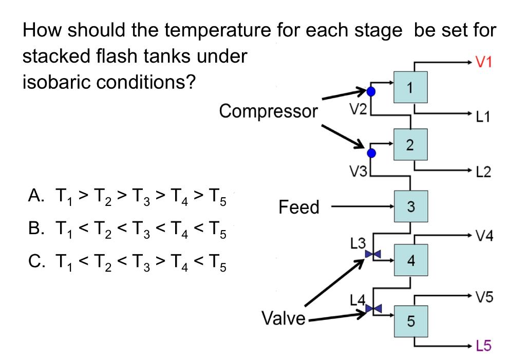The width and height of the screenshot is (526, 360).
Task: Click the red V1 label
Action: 484,63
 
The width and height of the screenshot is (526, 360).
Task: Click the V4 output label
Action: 484,236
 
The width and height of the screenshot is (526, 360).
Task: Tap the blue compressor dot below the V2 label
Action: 372,153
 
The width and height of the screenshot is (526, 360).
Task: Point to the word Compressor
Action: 268,110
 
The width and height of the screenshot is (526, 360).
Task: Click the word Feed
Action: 299,207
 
